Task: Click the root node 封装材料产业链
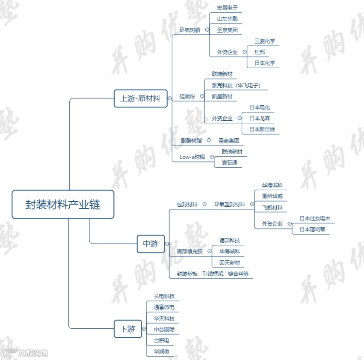pos(63,204)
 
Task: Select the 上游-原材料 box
pos(140,98)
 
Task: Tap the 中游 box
pos(151,244)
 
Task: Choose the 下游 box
pos(127,329)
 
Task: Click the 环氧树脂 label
pos(190,30)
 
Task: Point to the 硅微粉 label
pos(187,97)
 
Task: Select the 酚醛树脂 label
pos(191,140)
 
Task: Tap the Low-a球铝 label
pos(192,157)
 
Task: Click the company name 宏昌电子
pos(227,8)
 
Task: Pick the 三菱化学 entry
pos(265,41)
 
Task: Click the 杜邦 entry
pos(260,52)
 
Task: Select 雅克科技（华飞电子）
pos(236,85)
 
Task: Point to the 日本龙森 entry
pos(260,118)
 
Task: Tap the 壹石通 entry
pos(229,163)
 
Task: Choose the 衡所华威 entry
pos(272,196)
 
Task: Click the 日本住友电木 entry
pos(315,218)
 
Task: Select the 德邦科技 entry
pos(230,241)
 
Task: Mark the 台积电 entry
pos(162,341)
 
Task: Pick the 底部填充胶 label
pos(189,252)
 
